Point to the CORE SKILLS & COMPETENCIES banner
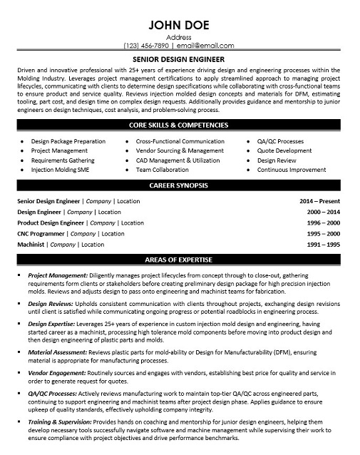[x=179, y=125]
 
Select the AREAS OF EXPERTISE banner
[x=179, y=257]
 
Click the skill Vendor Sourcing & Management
[x=179, y=151]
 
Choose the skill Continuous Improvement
[x=292, y=170]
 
